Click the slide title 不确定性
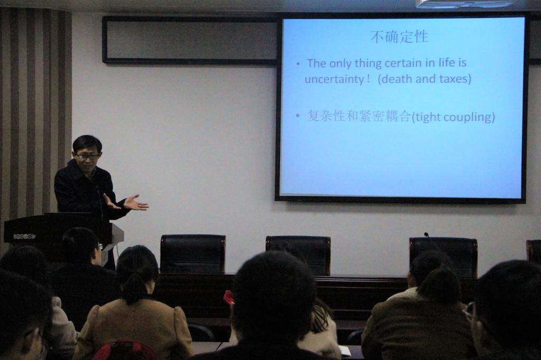tap(399, 37)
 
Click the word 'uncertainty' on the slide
tap(334, 79)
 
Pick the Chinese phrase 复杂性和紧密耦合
tap(359, 116)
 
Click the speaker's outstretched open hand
tap(136, 203)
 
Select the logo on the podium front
tap(24, 236)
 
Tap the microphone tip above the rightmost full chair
tap(426, 234)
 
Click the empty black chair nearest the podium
tap(193, 254)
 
